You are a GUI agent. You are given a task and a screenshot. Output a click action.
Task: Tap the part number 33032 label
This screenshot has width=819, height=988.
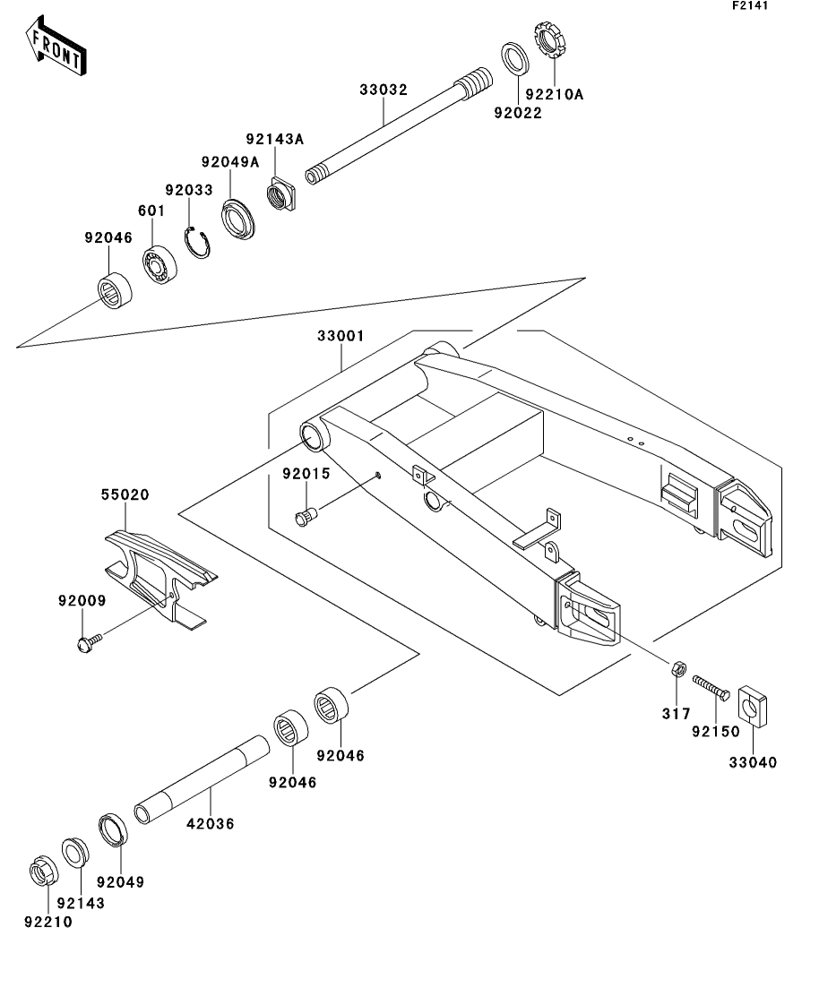tap(384, 90)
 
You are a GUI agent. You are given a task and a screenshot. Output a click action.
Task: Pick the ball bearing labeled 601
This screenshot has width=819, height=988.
tap(159, 264)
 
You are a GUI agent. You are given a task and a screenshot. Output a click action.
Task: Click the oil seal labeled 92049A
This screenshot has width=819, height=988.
tap(238, 219)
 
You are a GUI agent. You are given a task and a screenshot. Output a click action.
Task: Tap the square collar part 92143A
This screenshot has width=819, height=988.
tap(280, 193)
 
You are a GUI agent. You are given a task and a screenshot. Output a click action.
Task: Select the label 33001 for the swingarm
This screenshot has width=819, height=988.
tap(341, 336)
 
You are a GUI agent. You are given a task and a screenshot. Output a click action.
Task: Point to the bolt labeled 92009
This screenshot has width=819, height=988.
tap(89, 643)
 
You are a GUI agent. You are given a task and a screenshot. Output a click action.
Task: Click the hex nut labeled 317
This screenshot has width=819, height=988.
tap(678, 668)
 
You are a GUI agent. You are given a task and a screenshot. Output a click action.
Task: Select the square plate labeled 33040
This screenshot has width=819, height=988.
tap(753, 705)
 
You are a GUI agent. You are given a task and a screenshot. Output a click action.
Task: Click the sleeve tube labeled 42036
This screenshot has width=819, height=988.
tap(202, 780)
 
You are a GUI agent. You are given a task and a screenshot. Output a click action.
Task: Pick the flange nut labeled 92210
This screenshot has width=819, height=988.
tap(44, 872)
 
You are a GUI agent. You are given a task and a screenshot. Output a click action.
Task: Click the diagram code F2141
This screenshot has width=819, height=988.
tap(750, 5)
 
